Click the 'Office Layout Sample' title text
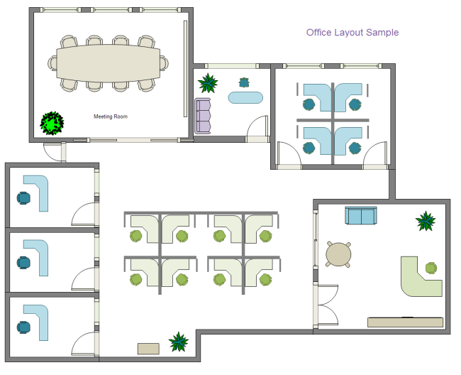pos(352,33)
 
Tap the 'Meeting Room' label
pos(111,116)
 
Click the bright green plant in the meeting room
pos(51,123)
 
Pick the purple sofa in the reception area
pos(204,116)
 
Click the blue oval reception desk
pos(245,97)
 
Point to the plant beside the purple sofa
pos(208,83)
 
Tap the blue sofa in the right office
pos(361,215)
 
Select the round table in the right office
pos(338,254)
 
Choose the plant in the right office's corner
pos(426,221)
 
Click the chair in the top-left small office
pos(24,198)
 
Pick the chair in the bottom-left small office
pos(24,327)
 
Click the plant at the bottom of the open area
pos(179,342)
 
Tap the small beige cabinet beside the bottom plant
pos(149,348)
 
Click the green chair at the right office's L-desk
pos(431,268)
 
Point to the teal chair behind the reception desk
pos(245,82)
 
